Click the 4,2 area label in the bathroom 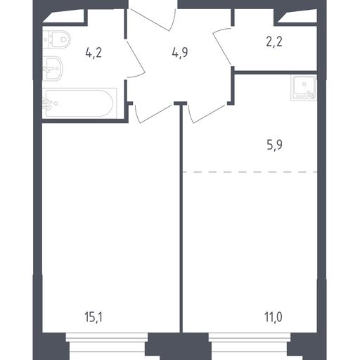click(94, 53)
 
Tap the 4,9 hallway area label click(180, 53)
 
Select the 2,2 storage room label click(274, 42)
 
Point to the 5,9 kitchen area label click(274, 145)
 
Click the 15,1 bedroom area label click(93, 317)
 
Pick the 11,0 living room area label click(274, 317)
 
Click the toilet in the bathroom click(57, 39)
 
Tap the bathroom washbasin click(53, 68)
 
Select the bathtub click(79, 103)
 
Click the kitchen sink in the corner click(304, 88)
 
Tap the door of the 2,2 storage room click(222, 46)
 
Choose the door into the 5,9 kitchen click(207, 115)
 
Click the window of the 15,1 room click(107, 337)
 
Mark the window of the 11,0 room click(250, 337)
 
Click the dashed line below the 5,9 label click(250, 172)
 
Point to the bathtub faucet click(47, 104)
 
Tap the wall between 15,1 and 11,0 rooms click(181, 218)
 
